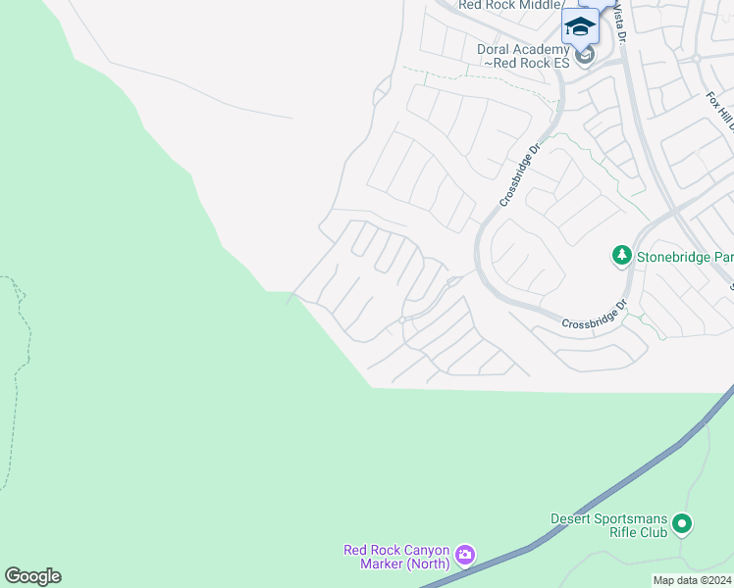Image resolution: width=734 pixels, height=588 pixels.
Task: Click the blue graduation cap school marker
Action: coord(580,25)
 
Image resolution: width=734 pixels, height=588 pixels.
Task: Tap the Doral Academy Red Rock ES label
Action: coord(524,55)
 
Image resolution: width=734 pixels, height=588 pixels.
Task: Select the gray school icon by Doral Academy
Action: coord(585,56)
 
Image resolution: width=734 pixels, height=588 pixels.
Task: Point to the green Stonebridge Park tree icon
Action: coord(621,256)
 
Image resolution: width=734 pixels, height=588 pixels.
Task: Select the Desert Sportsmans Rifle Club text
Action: coord(608,525)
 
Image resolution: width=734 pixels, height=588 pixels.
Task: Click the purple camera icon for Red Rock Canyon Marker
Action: coord(465,556)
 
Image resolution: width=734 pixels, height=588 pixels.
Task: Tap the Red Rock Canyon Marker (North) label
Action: coord(396,556)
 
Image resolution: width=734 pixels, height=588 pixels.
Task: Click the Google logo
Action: coord(32,576)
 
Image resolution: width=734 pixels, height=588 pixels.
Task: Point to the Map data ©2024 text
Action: coord(692,580)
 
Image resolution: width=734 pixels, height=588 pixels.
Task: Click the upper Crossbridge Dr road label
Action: coord(520,175)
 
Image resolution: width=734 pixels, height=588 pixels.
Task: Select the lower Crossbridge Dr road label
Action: coord(593,315)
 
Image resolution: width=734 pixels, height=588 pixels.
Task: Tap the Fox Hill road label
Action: coord(720,114)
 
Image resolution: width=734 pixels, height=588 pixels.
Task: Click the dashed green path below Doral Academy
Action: coord(471,77)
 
